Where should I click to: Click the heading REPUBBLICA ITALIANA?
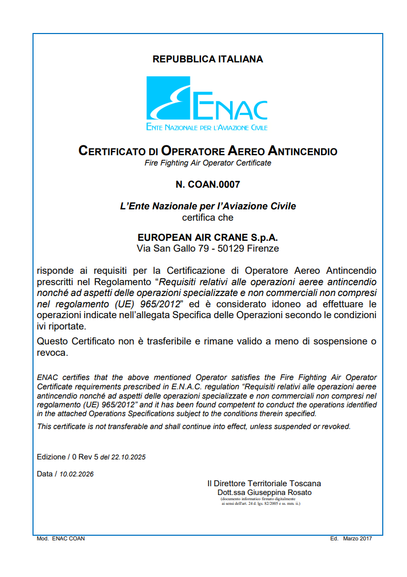click(207, 59)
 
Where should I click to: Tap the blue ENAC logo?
click(207, 103)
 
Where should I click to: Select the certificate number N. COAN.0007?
click(207, 184)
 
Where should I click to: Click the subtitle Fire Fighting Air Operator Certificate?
click(207, 163)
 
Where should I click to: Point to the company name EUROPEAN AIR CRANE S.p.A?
click(207, 238)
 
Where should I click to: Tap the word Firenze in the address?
click(263, 249)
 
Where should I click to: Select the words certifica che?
click(207, 218)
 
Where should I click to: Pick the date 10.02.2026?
click(77, 474)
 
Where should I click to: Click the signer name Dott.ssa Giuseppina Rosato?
click(264, 492)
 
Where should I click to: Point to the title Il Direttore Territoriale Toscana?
click(264, 484)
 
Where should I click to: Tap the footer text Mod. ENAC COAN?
click(61, 538)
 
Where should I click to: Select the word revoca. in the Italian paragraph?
click(53, 353)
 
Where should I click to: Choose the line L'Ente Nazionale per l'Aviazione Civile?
click(207, 206)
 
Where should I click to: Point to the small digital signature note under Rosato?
click(260, 501)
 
